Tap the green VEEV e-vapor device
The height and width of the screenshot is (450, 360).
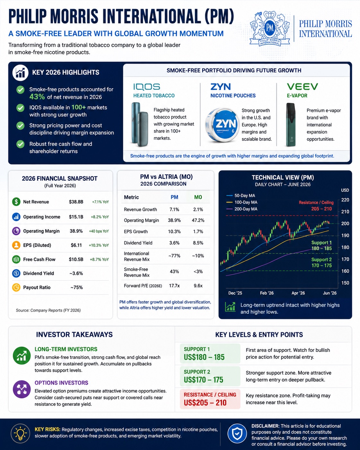click(x=291, y=125)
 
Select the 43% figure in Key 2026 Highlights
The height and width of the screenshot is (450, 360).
click(x=37, y=97)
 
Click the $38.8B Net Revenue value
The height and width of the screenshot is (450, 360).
click(x=76, y=202)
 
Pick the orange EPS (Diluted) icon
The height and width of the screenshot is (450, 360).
click(x=16, y=245)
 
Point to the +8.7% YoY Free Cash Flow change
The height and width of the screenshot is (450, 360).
click(x=99, y=259)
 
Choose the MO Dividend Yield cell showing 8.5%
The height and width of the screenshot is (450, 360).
click(x=198, y=243)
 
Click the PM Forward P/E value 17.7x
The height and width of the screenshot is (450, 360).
click(x=174, y=286)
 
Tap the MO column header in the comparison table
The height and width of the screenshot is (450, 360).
click(x=198, y=197)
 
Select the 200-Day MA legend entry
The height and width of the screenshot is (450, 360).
click(x=242, y=209)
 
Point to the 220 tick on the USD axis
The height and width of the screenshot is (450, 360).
click(x=345, y=200)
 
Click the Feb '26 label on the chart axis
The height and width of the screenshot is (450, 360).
click(x=267, y=293)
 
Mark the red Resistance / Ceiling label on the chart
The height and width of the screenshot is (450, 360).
click(x=316, y=203)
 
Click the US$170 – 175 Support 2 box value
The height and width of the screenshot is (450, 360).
click(x=203, y=379)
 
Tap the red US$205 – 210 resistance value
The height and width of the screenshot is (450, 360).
click(x=205, y=402)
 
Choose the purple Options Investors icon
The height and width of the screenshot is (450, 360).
click(x=22, y=389)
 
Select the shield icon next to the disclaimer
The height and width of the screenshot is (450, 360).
click(x=237, y=434)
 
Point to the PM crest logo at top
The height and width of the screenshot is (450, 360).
click(x=270, y=28)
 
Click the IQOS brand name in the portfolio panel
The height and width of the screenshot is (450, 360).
click(x=147, y=87)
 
